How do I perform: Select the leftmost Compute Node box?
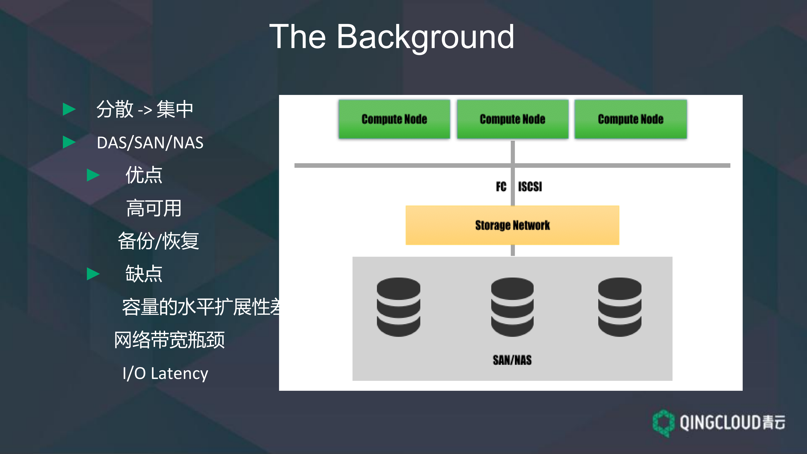point(394,119)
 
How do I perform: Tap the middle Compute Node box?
point(513,119)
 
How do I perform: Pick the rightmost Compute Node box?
point(631,119)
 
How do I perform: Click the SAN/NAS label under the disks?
point(512,360)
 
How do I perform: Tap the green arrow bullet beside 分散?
point(69,109)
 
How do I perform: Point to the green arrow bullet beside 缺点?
point(93,274)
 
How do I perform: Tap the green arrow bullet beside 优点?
point(93,175)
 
